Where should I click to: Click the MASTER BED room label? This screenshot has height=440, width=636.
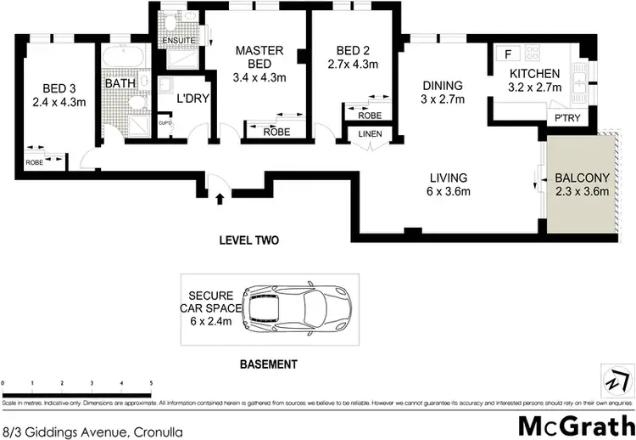click(259, 58)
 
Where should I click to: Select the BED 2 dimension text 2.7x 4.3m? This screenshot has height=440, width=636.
click(351, 65)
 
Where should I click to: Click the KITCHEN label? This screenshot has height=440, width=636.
click(534, 74)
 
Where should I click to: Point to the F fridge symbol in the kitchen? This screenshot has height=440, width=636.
click(507, 54)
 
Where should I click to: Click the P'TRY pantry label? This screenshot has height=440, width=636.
click(566, 118)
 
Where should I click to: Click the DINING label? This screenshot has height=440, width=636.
click(443, 86)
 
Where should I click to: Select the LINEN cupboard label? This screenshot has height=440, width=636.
click(370, 134)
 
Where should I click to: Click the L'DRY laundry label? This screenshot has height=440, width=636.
click(192, 99)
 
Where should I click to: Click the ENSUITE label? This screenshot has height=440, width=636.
click(178, 40)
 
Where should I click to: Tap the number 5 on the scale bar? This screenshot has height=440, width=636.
click(151, 384)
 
